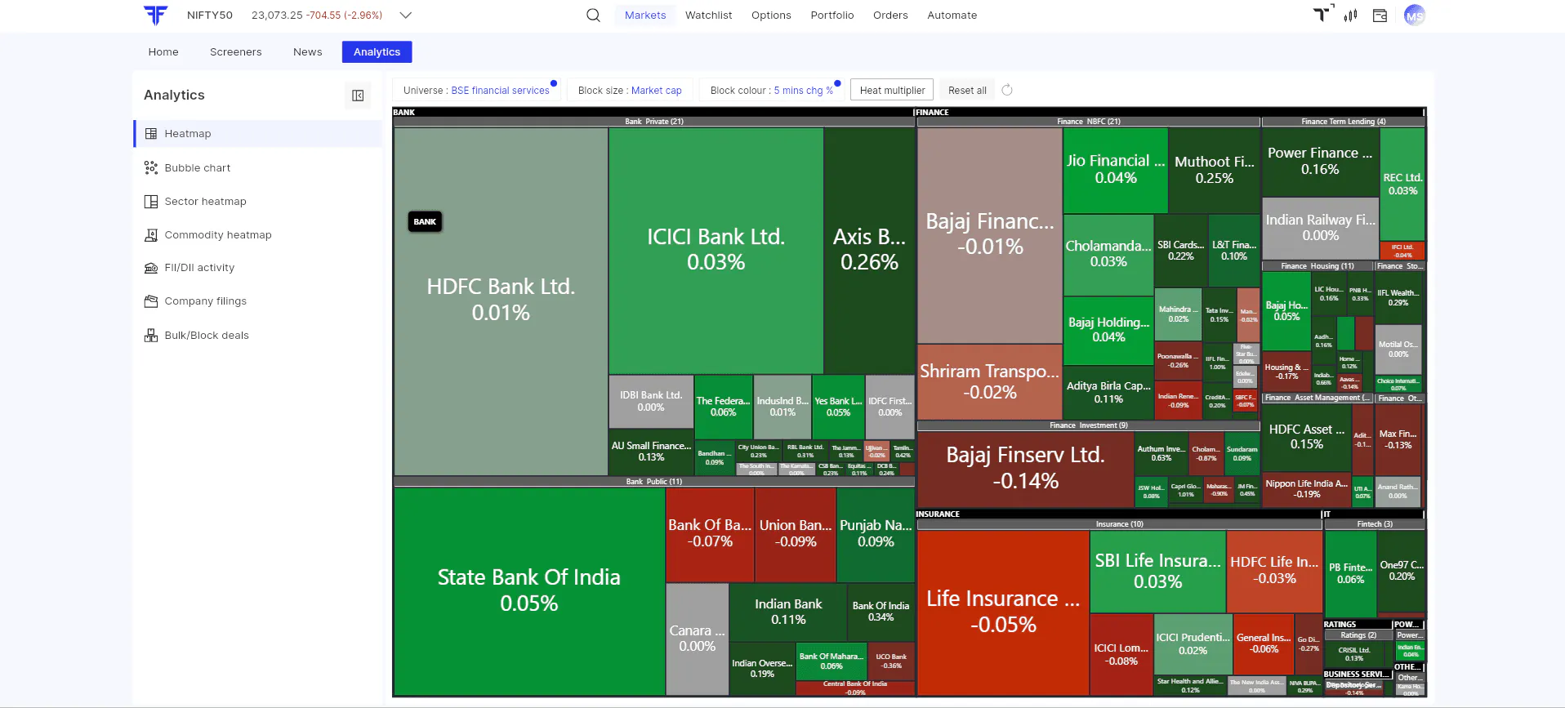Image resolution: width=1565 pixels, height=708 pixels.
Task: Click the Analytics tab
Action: tap(377, 52)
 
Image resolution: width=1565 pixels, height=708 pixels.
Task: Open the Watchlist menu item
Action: tap(708, 16)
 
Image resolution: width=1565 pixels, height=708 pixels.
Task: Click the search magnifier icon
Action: tap(593, 16)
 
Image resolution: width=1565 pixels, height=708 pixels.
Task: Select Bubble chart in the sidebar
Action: tap(197, 168)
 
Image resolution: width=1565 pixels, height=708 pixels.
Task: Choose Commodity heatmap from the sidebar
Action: tap(217, 235)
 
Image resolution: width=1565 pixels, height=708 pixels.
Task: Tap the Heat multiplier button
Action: tap(892, 91)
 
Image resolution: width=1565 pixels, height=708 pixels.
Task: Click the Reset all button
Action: tap(967, 91)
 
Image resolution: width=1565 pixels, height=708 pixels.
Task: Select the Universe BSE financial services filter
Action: tap(476, 91)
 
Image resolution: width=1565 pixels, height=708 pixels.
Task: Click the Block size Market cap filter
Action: tap(630, 91)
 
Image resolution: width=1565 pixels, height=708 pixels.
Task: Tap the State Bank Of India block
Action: tap(528, 590)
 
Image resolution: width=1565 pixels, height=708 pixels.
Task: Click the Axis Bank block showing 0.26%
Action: tap(869, 249)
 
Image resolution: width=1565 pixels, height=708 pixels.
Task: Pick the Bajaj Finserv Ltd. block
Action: tap(1025, 467)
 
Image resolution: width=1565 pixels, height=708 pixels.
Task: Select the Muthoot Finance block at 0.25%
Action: tap(1214, 169)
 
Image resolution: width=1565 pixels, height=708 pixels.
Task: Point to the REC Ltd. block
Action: tap(1402, 184)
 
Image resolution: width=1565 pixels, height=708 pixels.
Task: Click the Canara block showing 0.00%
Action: tap(697, 638)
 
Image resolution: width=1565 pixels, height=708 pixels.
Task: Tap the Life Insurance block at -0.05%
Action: tap(1003, 611)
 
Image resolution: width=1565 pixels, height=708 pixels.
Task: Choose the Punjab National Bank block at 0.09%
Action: tap(876, 532)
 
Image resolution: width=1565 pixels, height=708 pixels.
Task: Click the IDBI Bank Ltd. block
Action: tap(650, 401)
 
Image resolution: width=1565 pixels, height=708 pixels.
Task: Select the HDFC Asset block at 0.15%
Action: tap(1306, 437)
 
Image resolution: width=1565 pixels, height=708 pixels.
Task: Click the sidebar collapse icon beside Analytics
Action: tap(358, 96)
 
